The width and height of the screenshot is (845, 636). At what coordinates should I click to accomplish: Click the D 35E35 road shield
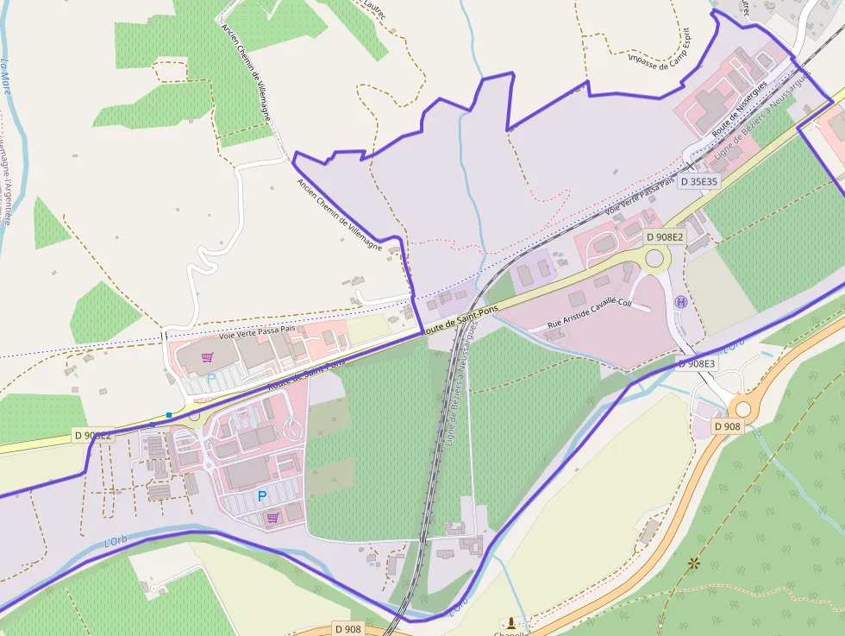pos(698,182)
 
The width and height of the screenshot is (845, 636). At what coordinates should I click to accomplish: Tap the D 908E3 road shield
pos(696,364)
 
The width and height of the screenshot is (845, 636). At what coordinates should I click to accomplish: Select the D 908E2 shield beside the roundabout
pos(665,236)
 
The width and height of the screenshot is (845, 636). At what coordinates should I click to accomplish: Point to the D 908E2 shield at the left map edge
pos(92,436)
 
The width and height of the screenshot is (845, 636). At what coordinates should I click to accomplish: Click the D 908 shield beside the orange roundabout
pos(728,426)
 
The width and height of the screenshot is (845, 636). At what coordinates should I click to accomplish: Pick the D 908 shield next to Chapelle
pos(348,629)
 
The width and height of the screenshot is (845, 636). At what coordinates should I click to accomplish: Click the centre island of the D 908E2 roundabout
pos(655,258)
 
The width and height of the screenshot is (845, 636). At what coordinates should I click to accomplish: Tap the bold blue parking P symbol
pos(262,496)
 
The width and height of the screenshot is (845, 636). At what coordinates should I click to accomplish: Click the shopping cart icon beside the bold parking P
pos(272,519)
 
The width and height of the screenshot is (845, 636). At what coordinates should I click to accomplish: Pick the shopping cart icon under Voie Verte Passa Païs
pos(207,357)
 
